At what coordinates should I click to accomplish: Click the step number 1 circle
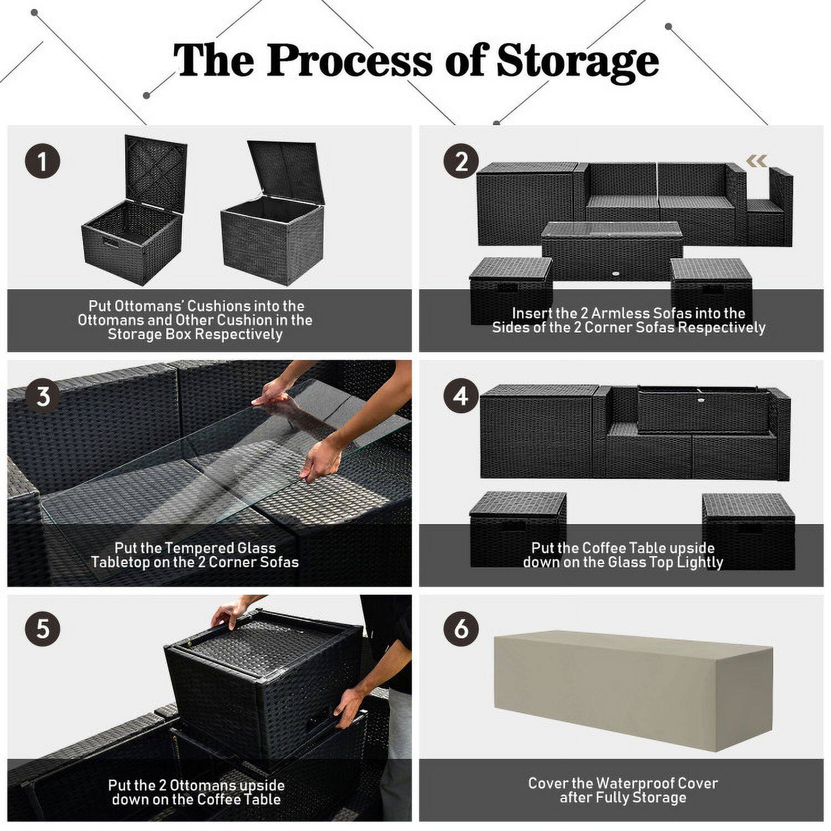[x=43, y=162]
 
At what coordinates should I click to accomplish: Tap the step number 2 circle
[x=461, y=162]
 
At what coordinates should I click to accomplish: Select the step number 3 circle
[x=43, y=397]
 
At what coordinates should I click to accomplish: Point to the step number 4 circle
[x=461, y=397]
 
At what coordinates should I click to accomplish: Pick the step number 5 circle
[x=43, y=630]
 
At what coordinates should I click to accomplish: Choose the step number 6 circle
[x=461, y=630]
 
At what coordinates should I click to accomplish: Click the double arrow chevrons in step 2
[x=756, y=161]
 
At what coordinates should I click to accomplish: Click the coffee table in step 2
[x=611, y=249]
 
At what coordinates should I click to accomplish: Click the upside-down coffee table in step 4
[x=704, y=410]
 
